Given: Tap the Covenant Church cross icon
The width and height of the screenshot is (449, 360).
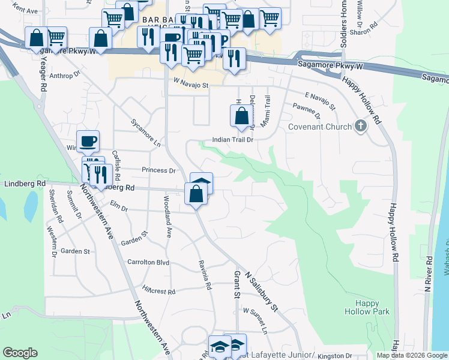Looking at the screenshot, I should click(x=360, y=126).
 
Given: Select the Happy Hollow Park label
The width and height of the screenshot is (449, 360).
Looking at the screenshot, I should click(x=367, y=307).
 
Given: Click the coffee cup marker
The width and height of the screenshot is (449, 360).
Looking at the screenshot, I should click(x=88, y=142).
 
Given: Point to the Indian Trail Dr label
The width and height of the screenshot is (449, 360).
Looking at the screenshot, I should click(x=234, y=140).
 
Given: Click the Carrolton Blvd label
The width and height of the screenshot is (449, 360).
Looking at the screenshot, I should click(x=148, y=263).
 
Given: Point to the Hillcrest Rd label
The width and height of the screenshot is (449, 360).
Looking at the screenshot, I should click(x=158, y=290).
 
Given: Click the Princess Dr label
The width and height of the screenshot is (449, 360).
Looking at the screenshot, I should click(x=158, y=170).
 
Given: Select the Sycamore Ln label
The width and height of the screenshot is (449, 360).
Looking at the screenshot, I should click(x=146, y=133).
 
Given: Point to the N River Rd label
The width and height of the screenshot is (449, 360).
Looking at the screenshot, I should click(x=429, y=274).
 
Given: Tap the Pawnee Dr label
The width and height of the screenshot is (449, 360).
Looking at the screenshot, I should click(x=306, y=110).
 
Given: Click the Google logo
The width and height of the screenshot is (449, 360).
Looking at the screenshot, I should click(x=20, y=353).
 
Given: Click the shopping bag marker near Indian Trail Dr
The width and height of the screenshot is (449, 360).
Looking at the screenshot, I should click(x=241, y=117).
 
